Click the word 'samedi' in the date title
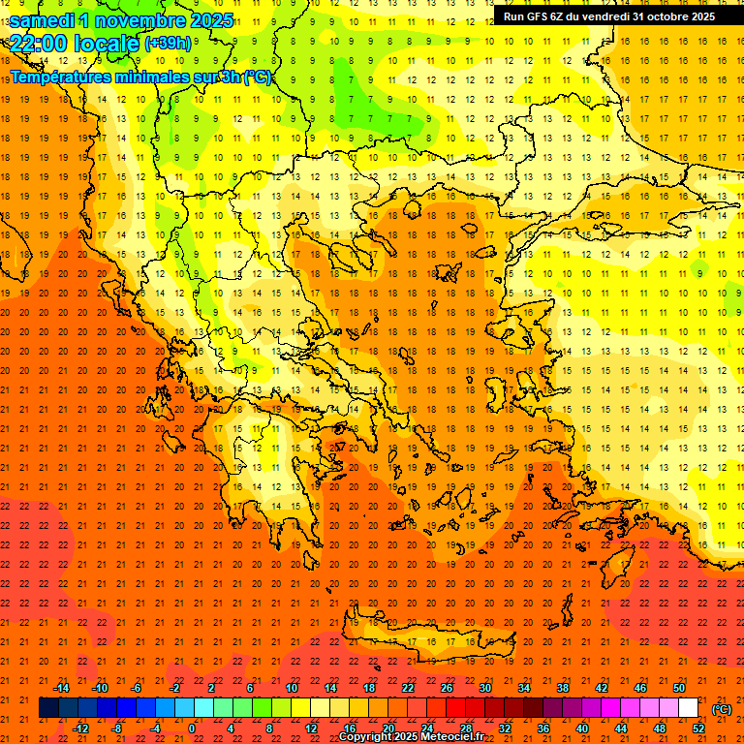(x=43, y=20)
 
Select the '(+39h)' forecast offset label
(x=168, y=44)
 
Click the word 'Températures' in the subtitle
(x=58, y=77)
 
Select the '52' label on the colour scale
(x=698, y=728)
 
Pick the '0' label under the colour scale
(x=193, y=728)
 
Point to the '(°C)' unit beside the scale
(x=722, y=709)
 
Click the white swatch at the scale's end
(x=688, y=708)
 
